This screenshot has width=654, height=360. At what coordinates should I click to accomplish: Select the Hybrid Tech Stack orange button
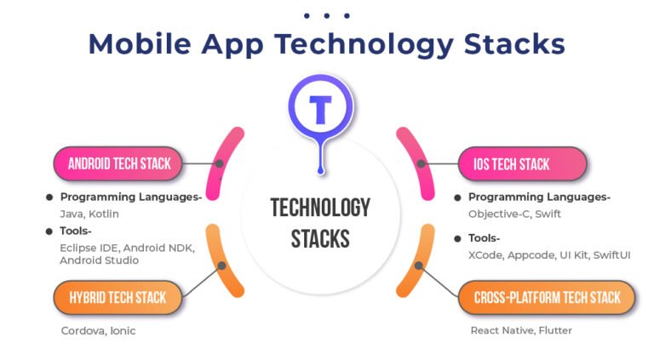[118, 298]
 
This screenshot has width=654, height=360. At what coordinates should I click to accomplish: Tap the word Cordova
[81, 330]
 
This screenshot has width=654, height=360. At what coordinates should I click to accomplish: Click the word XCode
[485, 254]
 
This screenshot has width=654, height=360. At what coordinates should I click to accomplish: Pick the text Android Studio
[99, 260]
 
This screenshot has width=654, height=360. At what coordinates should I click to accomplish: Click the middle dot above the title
[327, 15]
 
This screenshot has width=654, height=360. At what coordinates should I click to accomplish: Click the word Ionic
[122, 330]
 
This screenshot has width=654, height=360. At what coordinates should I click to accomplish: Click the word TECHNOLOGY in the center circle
[320, 208]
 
